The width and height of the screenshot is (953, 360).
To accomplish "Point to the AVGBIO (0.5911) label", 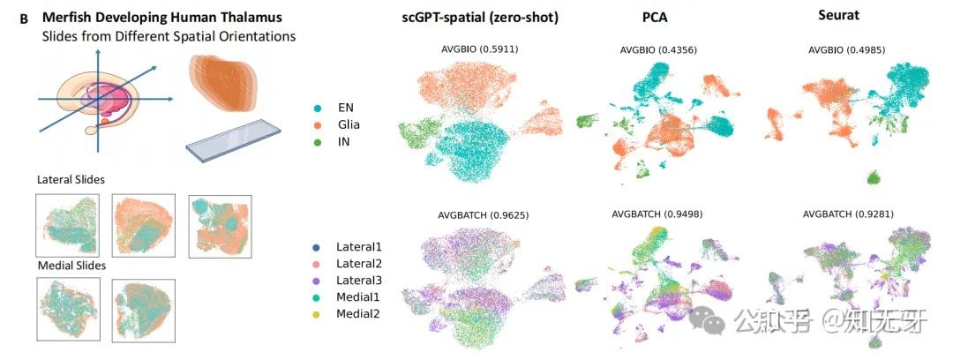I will point(479,49).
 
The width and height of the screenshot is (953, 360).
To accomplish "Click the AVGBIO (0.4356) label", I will point(659,50).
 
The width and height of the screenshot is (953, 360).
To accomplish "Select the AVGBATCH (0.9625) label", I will point(482,214).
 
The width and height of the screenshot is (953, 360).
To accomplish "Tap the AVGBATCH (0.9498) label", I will point(659,214).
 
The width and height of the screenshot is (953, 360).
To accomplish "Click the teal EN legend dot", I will point(318,107).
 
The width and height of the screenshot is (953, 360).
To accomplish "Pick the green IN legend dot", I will point(318,140).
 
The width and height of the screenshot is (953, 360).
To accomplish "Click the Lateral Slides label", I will point(71,179).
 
